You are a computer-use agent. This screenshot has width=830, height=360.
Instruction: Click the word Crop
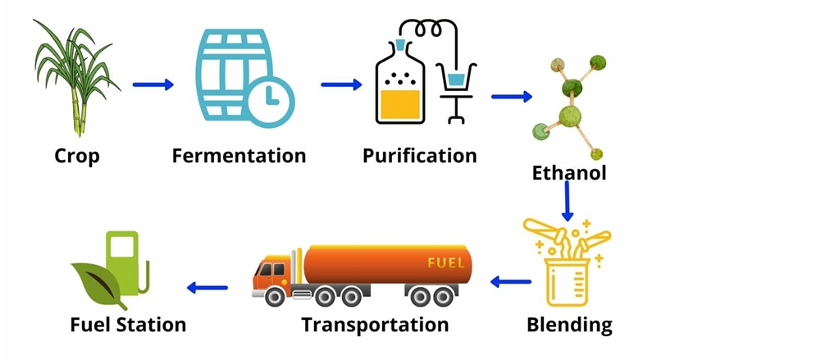click(77, 156)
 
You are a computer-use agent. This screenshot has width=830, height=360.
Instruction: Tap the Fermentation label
click(239, 156)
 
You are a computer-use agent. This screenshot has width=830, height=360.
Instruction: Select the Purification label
click(420, 156)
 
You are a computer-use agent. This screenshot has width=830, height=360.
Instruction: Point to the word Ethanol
click(569, 173)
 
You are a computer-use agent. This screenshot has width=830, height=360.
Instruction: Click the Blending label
click(569, 324)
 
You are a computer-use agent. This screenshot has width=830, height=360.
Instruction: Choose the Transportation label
click(376, 324)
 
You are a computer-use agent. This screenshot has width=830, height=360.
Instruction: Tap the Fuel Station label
click(128, 324)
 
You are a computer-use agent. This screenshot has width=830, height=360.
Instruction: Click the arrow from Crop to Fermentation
click(153, 84)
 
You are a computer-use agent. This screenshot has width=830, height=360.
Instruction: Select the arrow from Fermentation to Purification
click(341, 84)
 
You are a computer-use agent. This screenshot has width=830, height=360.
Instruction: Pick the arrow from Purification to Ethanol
click(512, 96)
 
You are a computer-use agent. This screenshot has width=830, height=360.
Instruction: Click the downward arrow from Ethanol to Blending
click(568, 201)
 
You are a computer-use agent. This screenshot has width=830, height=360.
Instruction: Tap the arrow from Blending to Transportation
click(511, 281)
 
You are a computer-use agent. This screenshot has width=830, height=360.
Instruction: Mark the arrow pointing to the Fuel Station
click(207, 288)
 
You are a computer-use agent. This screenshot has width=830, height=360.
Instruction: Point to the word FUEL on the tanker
click(445, 262)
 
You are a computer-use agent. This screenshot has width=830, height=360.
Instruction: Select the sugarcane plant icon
click(76, 78)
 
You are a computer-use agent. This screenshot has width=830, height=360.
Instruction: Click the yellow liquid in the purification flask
click(399, 104)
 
